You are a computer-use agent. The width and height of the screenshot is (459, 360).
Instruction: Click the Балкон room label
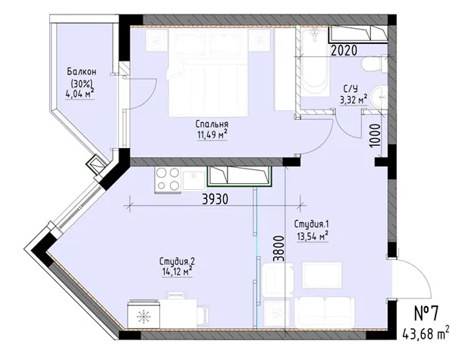pyautogui.click(x=82, y=71)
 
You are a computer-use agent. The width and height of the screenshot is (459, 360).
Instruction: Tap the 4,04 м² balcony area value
pyautogui.click(x=80, y=94)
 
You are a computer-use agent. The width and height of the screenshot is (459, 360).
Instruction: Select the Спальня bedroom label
pyautogui.click(x=212, y=125)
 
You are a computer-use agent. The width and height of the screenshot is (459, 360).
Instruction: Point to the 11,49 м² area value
pyautogui.click(x=212, y=135)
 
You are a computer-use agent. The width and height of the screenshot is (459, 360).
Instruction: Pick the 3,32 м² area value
pyautogui.click(x=354, y=99)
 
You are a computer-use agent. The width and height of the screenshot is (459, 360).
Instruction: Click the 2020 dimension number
pyautogui.click(x=344, y=50)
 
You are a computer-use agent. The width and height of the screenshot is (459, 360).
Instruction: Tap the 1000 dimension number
pyautogui.click(x=376, y=135)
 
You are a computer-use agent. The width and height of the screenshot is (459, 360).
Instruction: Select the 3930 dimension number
pyautogui.click(x=215, y=199)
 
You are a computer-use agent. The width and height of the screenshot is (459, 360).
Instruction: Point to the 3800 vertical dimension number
pyautogui.click(x=278, y=248)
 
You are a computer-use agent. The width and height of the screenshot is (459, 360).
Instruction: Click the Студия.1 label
pyautogui.click(x=312, y=225)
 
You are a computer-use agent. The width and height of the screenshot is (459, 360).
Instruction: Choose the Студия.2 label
pyautogui.click(x=177, y=261)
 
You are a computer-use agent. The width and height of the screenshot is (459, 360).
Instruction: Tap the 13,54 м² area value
pyautogui.click(x=313, y=236)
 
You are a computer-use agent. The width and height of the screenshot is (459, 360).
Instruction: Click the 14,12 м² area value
pyautogui.click(x=178, y=271)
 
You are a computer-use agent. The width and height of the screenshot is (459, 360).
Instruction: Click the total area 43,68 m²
pyautogui.click(x=426, y=333)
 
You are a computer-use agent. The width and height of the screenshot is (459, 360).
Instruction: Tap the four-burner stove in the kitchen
pyautogui.click(x=168, y=179)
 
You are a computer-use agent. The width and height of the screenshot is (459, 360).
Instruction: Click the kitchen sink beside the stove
pyautogui.click(x=193, y=180)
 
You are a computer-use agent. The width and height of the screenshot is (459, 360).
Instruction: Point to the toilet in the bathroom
pyautogui.click(x=374, y=65)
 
